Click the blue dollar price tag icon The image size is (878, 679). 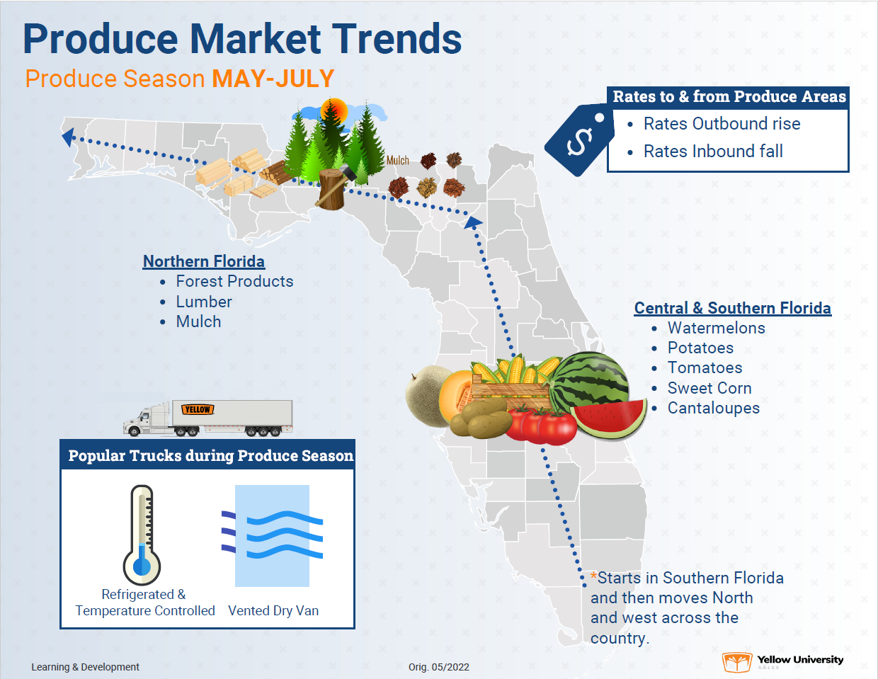point(578,140)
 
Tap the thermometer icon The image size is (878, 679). point(142,535)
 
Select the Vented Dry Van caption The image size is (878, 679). point(273,611)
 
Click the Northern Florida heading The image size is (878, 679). point(204,261)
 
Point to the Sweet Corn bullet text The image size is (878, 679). point(709,388)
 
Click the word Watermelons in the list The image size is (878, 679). point(716,328)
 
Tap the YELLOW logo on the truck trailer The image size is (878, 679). point(198,409)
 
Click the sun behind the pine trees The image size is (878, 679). point(333,110)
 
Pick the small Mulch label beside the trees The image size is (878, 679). point(398,161)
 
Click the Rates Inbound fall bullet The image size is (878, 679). point(712,152)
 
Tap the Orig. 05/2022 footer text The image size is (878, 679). point(439,667)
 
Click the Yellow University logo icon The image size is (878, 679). point(736,662)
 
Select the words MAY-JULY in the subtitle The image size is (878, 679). point(273,79)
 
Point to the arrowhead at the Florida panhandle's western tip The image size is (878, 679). point(68,136)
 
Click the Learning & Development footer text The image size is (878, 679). point(85,667)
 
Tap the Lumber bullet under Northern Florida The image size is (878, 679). point(204,302)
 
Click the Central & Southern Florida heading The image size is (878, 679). point(732,308)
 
